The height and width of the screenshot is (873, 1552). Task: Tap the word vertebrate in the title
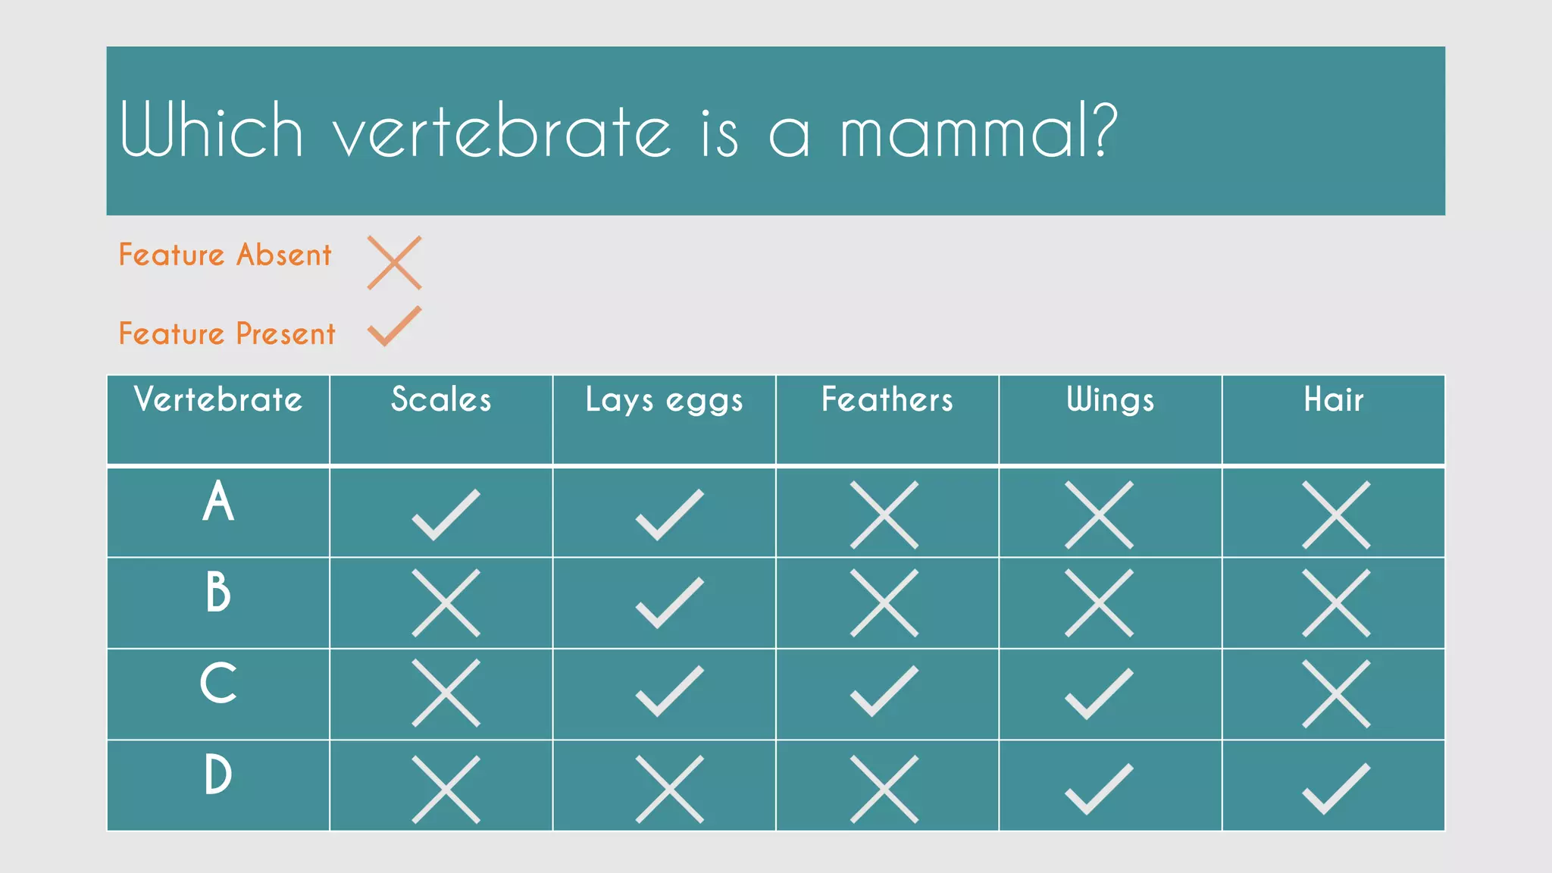(502, 132)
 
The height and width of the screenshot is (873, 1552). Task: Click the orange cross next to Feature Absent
(394, 262)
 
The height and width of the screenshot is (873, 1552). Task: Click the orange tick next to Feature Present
(394, 327)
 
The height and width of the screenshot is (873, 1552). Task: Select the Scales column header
(441, 399)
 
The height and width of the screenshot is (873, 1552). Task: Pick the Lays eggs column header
(664, 400)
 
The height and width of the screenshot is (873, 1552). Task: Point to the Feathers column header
(887, 399)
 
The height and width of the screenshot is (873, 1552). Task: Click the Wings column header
(1110, 400)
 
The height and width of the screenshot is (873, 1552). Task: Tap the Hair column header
(1333, 399)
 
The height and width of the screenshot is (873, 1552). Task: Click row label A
(218, 501)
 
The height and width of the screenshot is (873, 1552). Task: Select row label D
(218, 774)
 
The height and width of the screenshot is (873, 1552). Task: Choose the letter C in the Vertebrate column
(218, 683)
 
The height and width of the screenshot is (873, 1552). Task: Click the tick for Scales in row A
(445, 515)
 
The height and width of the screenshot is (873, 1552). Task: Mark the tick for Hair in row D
(1335, 789)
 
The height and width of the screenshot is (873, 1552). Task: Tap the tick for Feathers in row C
(884, 691)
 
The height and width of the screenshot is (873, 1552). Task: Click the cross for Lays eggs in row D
(669, 789)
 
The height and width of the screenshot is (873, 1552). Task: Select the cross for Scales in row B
(446, 602)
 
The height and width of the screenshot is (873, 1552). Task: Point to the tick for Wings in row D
(1099, 789)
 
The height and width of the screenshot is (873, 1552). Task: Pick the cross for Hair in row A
(1336, 515)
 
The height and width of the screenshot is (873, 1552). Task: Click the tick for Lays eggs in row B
(669, 602)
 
